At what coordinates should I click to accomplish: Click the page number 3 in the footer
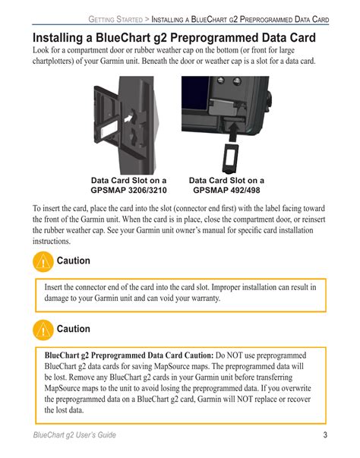pyautogui.click(x=325, y=435)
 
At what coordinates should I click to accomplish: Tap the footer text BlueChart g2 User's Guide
pyautogui.click(x=74, y=435)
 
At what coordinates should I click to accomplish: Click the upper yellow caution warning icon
pyautogui.click(x=43, y=262)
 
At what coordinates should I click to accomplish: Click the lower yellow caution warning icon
pyautogui.click(x=43, y=330)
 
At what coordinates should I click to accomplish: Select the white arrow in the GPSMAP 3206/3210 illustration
pyautogui.click(x=128, y=118)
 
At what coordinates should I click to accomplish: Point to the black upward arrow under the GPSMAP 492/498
pyautogui.click(x=233, y=132)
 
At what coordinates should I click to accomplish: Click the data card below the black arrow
pyautogui.click(x=230, y=158)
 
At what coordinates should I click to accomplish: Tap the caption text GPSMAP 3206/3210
pyautogui.click(x=128, y=190)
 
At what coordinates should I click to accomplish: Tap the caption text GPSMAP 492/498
pyautogui.click(x=226, y=190)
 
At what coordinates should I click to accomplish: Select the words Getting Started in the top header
pyautogui.click(x=115, y=19)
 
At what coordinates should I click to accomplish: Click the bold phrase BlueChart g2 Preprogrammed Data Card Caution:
pyautogui.click(x=129, y=355)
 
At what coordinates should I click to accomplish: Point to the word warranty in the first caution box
pyautogui.click(x=205, y=298)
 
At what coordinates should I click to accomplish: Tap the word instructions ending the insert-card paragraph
pyautogui.click(x=52, y=242)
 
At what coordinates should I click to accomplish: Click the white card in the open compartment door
pyautogui.click(x=109, y=129)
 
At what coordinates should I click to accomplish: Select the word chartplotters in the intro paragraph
pyautogui.click(x=53, y=62)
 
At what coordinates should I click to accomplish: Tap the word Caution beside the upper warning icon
pyautogui.click(x=73, y=261)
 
